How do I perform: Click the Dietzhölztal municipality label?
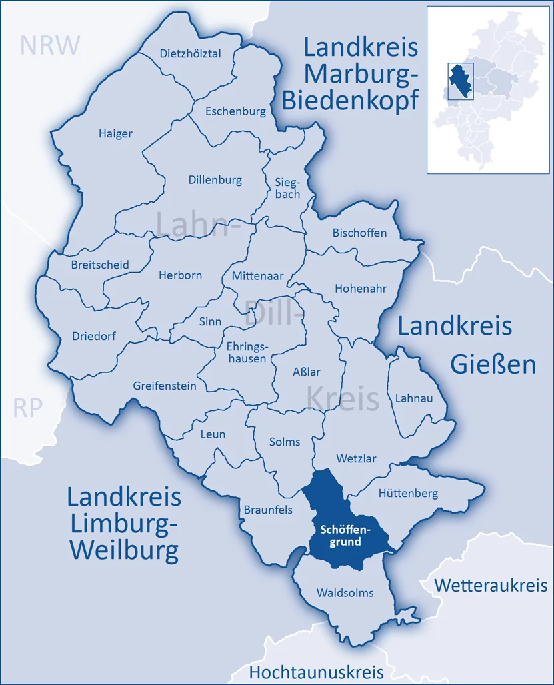(191, 54)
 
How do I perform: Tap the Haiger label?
(115, 133)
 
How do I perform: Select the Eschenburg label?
(235, 111)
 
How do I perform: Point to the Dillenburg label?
(215, 180)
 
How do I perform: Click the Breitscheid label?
(100, 265)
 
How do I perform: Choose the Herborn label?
(180, 275)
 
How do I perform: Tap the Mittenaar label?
(258, 275)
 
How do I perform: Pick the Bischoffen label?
(359, 233)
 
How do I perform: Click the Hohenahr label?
(361, 288)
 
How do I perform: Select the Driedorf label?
(93, 336)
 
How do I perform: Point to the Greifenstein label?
(165, 386)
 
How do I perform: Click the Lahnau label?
(414, 398)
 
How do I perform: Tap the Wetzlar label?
(356, 459)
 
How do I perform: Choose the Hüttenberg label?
(408, 494)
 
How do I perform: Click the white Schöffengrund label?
(345, 535)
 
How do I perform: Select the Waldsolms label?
(345, 592)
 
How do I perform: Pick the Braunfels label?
(267, 510)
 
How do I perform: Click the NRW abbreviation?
(50, 45)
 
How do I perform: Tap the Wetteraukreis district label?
(491, 586)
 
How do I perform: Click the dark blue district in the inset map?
(457, 82)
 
